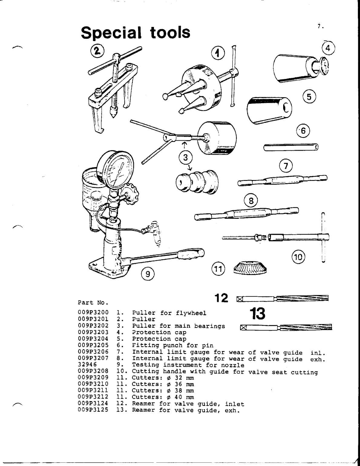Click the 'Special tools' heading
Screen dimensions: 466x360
[x=136, y=32]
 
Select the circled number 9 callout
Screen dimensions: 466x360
[x=148, y=274]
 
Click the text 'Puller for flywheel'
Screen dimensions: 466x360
[x=169, y=313]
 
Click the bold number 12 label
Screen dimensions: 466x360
[x=221, y=298]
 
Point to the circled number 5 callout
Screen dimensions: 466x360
[x=309, y=97]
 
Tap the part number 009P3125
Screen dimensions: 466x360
[x=93, y=410]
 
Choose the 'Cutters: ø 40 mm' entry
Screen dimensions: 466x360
[x=163, y=397]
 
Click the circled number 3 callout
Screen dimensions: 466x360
[x=185, y=157]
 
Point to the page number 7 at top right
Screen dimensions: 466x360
[x=319, y=27]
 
